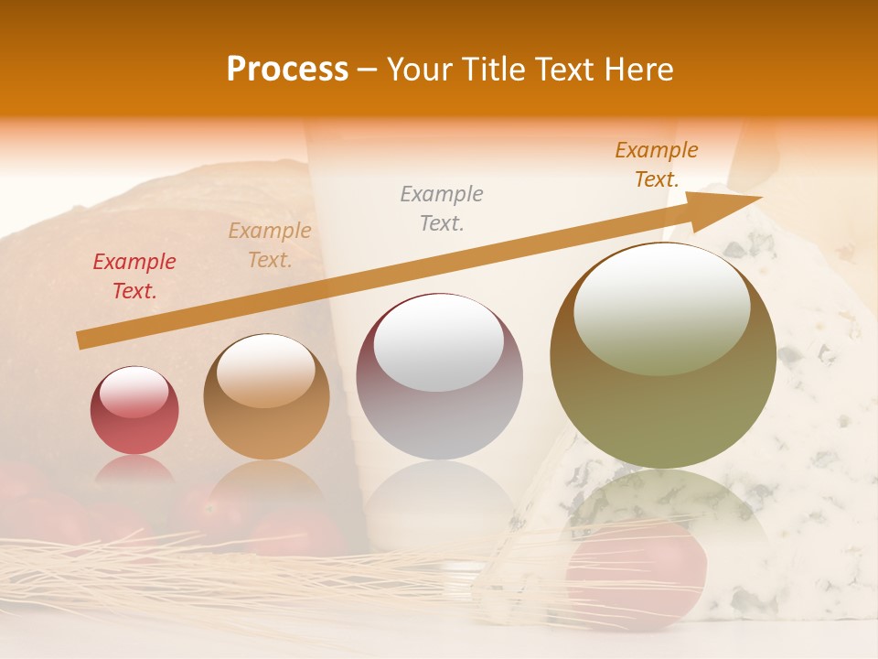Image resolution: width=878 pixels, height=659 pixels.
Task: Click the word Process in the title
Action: pyautogui.click(x=287, y=70)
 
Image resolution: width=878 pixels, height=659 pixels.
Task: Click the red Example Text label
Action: pyautogui.click(x=134, y=276)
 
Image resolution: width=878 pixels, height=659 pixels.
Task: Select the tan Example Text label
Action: pyautogui.click(x=270, y=245)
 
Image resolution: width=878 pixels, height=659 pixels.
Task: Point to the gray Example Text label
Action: pyautogui.click(x=442, y=208)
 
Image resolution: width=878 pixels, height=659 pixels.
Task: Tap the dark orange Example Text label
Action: pyautogui.click(x=657, y=165)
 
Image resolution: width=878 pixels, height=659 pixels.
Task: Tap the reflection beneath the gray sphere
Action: pyautogui.click(x=439, y=503)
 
